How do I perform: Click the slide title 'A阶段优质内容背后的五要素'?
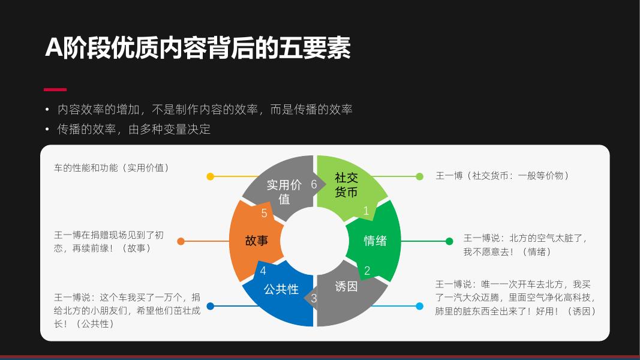[x=198, y=49]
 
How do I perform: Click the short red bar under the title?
[x=55, y=89]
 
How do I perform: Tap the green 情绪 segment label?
[x=375, y=241]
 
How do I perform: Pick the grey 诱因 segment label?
[x=346, y=286]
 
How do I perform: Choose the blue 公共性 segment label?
[x=281, y=289]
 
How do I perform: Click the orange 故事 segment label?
[x=256, y=241]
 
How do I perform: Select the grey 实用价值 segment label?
[x=284, y=191]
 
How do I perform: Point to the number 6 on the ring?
[x=314, y=184]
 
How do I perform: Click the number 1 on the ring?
[x=366, y=211]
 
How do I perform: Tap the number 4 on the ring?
[x=263, y=271]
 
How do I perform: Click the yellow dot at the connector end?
[x=210, y=176]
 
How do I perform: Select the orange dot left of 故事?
[x=181, y=241]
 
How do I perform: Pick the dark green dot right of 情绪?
[x=449, y=241]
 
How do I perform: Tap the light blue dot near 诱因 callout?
[x=419, y=306]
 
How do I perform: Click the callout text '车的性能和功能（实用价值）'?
[x=112, y=167]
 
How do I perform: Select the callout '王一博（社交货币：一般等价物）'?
[x=502, y=175]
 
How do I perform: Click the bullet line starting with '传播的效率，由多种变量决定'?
[x=134, y=129]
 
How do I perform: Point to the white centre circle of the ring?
[x=314, y=241]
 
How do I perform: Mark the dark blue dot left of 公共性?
[x=210, y=306]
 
